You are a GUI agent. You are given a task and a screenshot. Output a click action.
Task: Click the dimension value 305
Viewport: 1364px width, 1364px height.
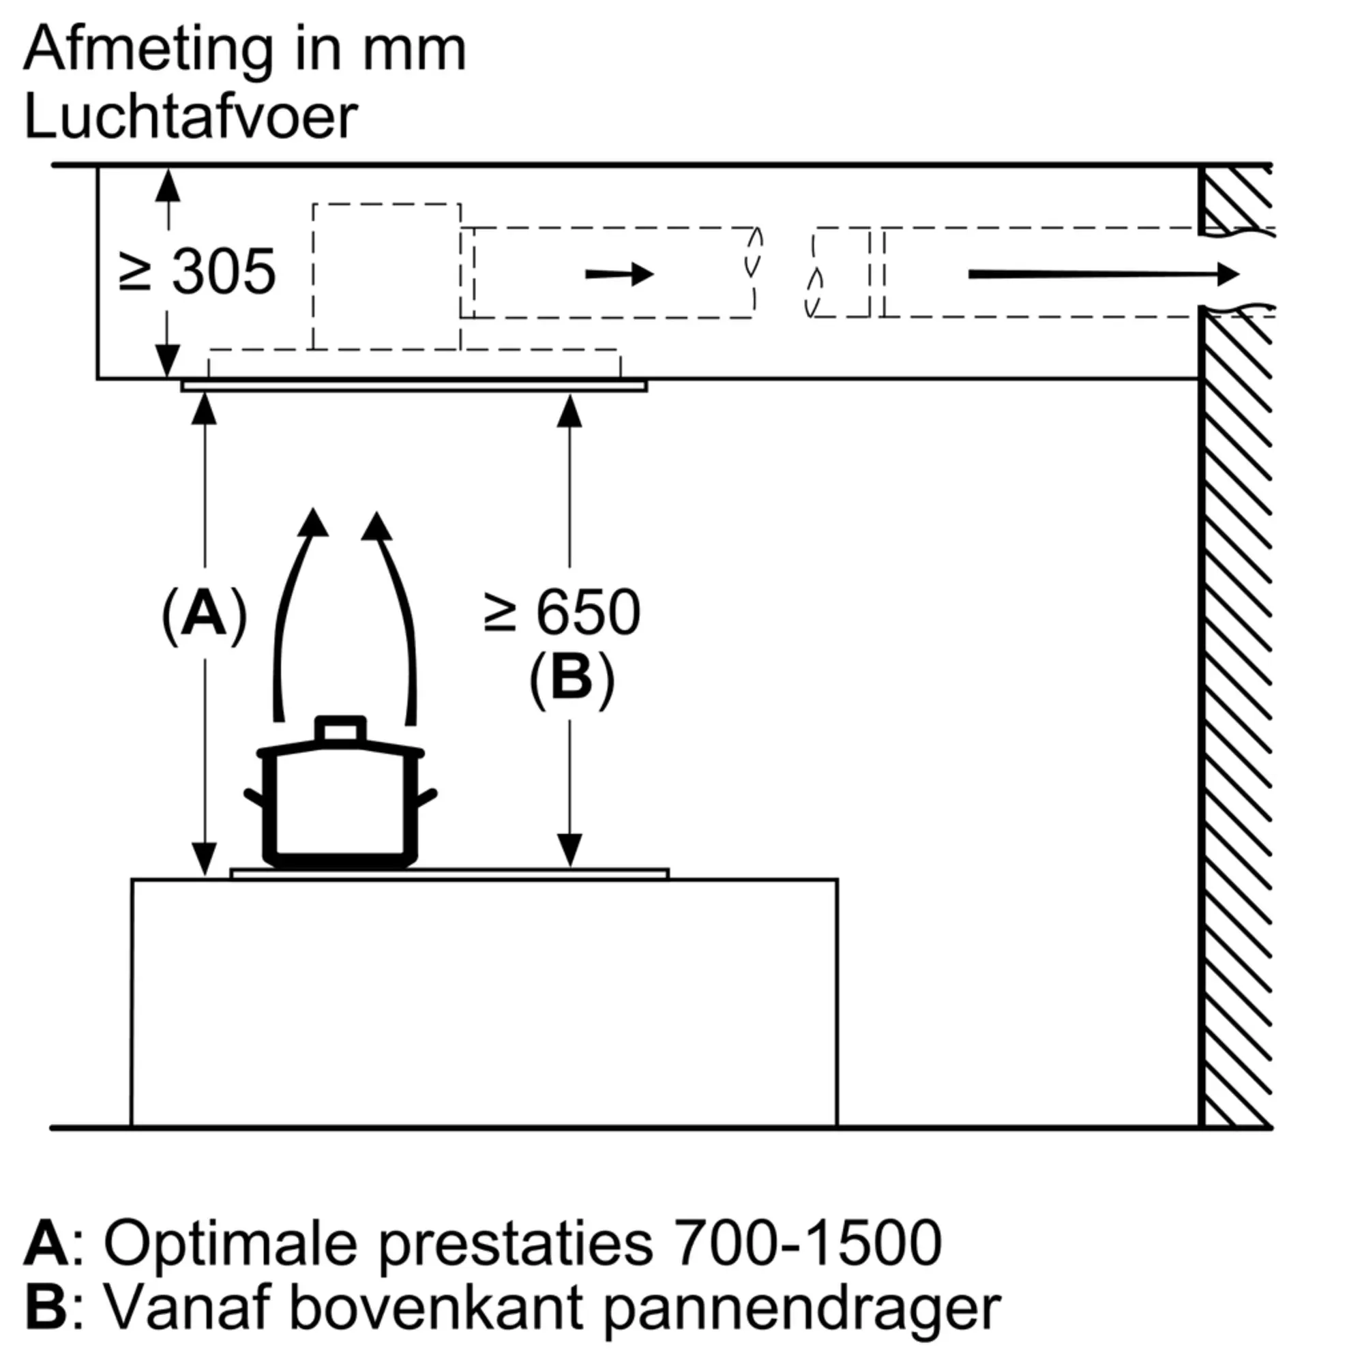coord(224,272)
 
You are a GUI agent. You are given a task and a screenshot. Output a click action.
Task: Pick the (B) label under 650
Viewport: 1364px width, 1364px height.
coord(572,680)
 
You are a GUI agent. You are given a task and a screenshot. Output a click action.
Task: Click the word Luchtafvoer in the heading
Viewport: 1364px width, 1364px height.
coord(191,117)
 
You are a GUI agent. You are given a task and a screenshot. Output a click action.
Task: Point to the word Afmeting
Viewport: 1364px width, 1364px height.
coord(147,50)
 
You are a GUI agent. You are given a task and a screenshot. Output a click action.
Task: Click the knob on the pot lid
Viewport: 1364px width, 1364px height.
coord(341,729)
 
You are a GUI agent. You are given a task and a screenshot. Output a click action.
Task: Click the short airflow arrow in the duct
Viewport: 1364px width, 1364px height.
coord(619,274)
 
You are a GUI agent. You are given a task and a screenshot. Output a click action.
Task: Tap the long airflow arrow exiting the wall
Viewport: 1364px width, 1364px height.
coord(1103,274)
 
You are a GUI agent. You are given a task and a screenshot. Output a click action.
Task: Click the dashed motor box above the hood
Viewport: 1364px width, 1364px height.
coord(387,276)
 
